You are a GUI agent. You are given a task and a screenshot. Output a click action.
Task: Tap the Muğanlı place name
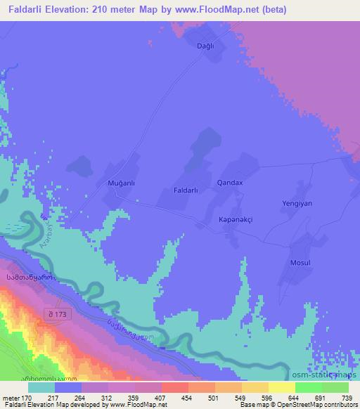pos(120,183)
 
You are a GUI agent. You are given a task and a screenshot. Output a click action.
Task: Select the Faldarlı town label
pos(189,190)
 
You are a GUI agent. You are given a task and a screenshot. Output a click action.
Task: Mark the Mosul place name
pos(300,262)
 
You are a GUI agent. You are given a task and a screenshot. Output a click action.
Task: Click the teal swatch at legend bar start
pos(41,387)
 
